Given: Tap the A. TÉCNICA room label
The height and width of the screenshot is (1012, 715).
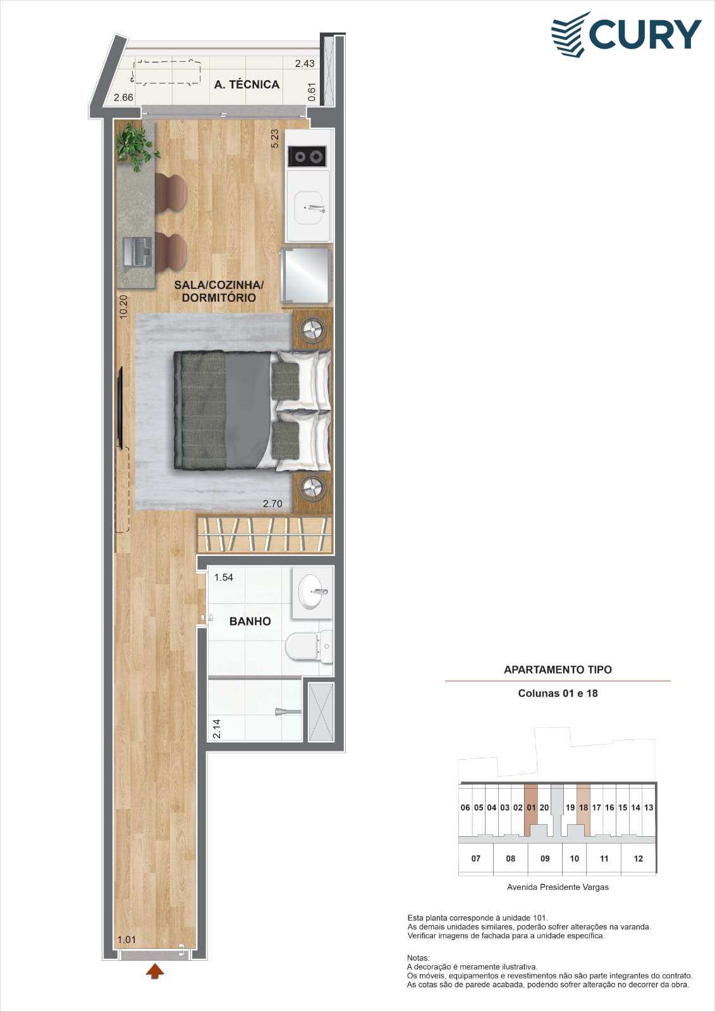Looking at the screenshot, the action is click(x=247, y=85).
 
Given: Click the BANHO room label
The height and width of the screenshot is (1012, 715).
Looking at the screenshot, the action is click(x=250, y=621).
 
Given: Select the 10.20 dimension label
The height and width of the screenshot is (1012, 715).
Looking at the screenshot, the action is click(x=124, y=307).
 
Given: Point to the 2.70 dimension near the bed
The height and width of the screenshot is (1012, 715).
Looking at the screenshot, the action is click(x=273, y=503).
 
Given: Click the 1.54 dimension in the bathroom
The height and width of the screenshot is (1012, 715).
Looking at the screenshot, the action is click(x=224, y=577).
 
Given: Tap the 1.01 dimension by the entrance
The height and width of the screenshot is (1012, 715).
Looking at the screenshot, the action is click(x=126, y=940).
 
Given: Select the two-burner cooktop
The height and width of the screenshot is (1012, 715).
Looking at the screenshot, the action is click(x=308, y=157).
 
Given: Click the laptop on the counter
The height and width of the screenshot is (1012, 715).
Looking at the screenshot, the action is click(x=140, y=250).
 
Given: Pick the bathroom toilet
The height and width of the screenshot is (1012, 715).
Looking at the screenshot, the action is click(x=309, y=648).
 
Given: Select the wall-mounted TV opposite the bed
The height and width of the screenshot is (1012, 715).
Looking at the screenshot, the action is click(x=121, y=408).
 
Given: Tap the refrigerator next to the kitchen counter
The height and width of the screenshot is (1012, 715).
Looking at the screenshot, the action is click(x=306, y=275).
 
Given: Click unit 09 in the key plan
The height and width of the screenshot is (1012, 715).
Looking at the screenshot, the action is click(x=545, y=858).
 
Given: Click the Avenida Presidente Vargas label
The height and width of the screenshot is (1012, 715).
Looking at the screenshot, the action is click(x=558, y=887).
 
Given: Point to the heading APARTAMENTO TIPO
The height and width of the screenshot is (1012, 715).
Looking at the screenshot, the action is click(x=558, y=670).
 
